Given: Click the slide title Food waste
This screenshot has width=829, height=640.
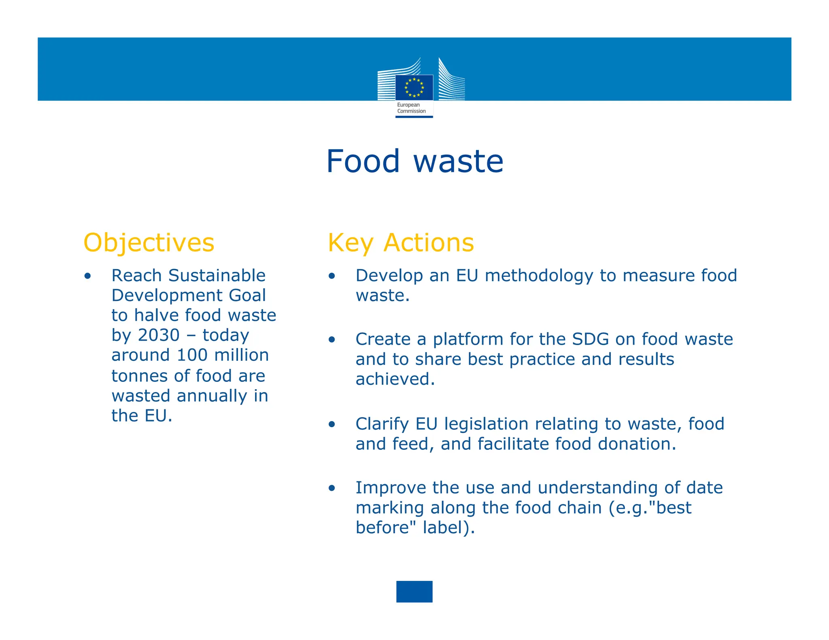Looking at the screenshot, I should [x=414, y=161].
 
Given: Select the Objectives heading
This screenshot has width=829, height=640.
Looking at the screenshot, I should [x=149, y=243].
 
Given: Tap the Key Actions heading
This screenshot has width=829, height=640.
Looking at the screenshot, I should [x=401, y=243].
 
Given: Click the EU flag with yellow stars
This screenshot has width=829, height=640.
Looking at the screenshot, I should [x=414, y=87].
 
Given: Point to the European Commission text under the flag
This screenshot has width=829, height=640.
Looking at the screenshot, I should [x=411, y=108].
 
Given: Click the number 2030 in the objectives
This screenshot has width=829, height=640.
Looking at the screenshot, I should [x=159, y=335].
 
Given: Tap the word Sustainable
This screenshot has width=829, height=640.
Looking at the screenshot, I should [x=217, y=275].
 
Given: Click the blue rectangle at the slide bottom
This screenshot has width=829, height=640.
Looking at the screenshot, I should [x=414, y=591].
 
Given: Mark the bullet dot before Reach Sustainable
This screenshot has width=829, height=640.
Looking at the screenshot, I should [x=88, y=276].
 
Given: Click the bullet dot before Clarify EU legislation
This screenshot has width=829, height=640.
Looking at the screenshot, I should [x=332, y=424].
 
